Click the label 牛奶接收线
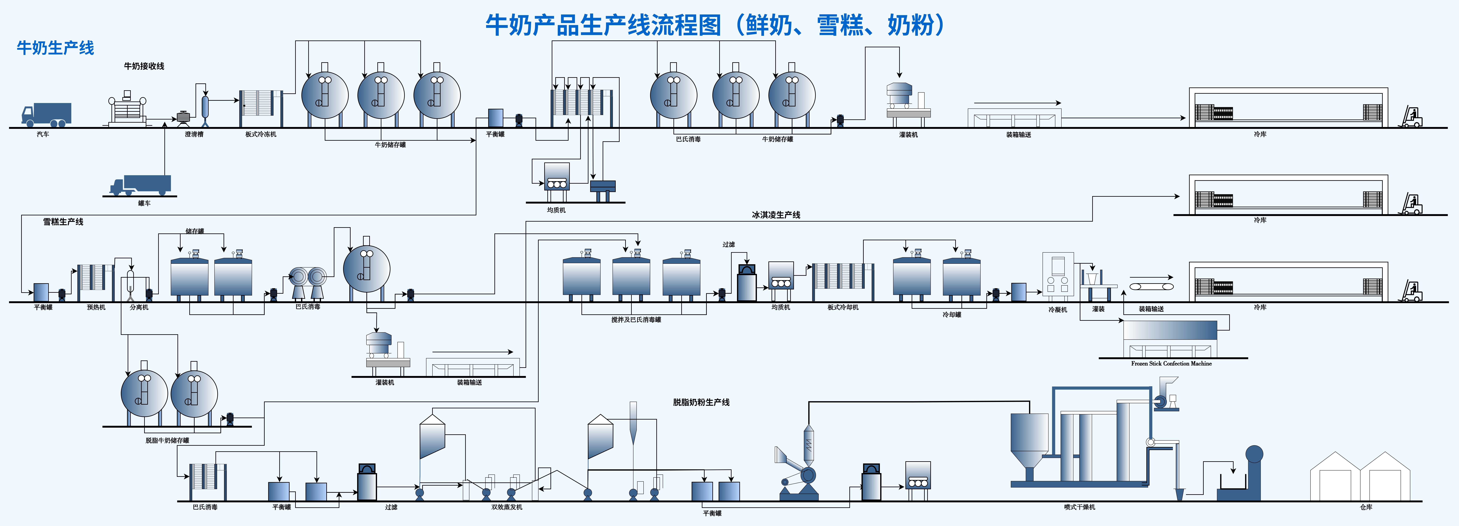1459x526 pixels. [144, 66]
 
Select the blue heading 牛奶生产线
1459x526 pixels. [56, 48]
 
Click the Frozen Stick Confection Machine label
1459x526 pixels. [1171, 364]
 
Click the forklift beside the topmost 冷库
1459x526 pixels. [1411, 117]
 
